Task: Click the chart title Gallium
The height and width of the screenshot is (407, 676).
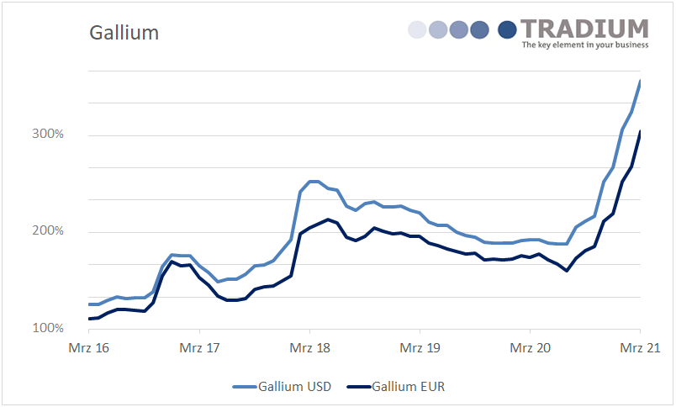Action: pyautogui.click(x=124, y=33)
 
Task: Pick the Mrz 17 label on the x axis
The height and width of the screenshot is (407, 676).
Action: pyautogui.click(x=199, y=348)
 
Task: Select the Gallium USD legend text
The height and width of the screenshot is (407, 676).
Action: pyautogui.click(x=295, y=387)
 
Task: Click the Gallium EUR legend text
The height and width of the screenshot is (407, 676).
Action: pyautogui.click(x=409, y=387)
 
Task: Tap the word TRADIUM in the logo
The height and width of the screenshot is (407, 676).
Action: pyautogui.click(x=584, y=29)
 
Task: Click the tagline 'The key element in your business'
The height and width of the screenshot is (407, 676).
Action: pyautogui.click(x=585, y=45)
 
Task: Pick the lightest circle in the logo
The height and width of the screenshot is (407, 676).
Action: pyautogui.click(x=417, y=30)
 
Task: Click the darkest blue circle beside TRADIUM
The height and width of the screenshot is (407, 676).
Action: pyautogui.click(x=507, y=30)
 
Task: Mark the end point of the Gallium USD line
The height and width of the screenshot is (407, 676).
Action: pyautogui.click(x=641, y=81)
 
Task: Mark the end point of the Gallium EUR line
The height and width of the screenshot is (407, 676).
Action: pyautogui.click(x=641, y=131)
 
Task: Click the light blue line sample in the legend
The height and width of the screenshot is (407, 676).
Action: pyautogui.click(x=244, y=387)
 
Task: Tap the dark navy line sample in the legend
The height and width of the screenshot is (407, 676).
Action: pyautogui.click(x=358, y=387)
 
